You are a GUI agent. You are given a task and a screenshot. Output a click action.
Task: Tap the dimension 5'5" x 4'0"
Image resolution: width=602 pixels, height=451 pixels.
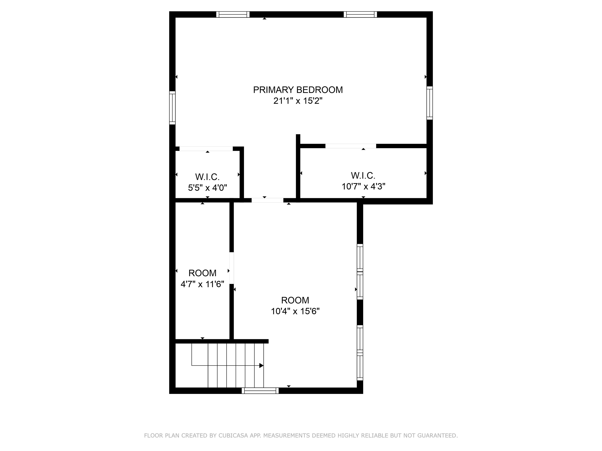point(207,188)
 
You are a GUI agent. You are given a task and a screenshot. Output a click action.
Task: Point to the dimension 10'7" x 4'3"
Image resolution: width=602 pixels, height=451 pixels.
point(363,187)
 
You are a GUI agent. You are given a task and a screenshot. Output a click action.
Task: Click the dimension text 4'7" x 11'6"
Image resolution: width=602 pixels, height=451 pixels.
point(202,284)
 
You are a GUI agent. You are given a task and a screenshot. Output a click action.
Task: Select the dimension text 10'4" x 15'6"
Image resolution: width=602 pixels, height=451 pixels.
point(295,311)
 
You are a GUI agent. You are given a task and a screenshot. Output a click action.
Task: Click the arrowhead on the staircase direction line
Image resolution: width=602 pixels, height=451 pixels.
point(261,365)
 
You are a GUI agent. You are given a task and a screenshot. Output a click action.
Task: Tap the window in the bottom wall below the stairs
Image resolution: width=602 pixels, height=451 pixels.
point(260,391)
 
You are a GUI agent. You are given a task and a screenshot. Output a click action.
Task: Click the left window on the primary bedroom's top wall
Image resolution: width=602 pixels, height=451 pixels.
point(233,14)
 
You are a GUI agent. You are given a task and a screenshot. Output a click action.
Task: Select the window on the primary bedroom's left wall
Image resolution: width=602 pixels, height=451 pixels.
point(172,108)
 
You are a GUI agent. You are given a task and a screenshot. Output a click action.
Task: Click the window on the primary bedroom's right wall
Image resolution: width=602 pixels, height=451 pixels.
point(430,103)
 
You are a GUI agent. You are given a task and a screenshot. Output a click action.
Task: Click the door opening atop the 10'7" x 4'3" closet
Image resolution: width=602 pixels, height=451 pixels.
point(351,146)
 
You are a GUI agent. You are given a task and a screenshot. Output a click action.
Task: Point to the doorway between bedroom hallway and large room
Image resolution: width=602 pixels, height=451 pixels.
point(267,200)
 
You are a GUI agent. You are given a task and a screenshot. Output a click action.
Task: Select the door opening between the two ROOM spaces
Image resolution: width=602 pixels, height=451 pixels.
point(232,268)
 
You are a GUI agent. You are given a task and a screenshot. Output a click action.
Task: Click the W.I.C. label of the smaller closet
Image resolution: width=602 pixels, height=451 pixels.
point(207,177)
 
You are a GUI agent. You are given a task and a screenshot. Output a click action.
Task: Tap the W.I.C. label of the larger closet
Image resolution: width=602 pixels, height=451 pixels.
point(363,176)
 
